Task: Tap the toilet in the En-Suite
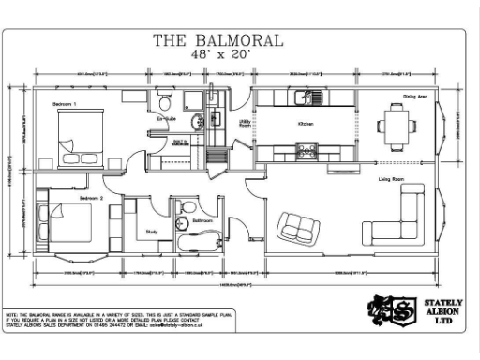tap(166, 100)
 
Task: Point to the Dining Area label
tap(416, 97)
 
